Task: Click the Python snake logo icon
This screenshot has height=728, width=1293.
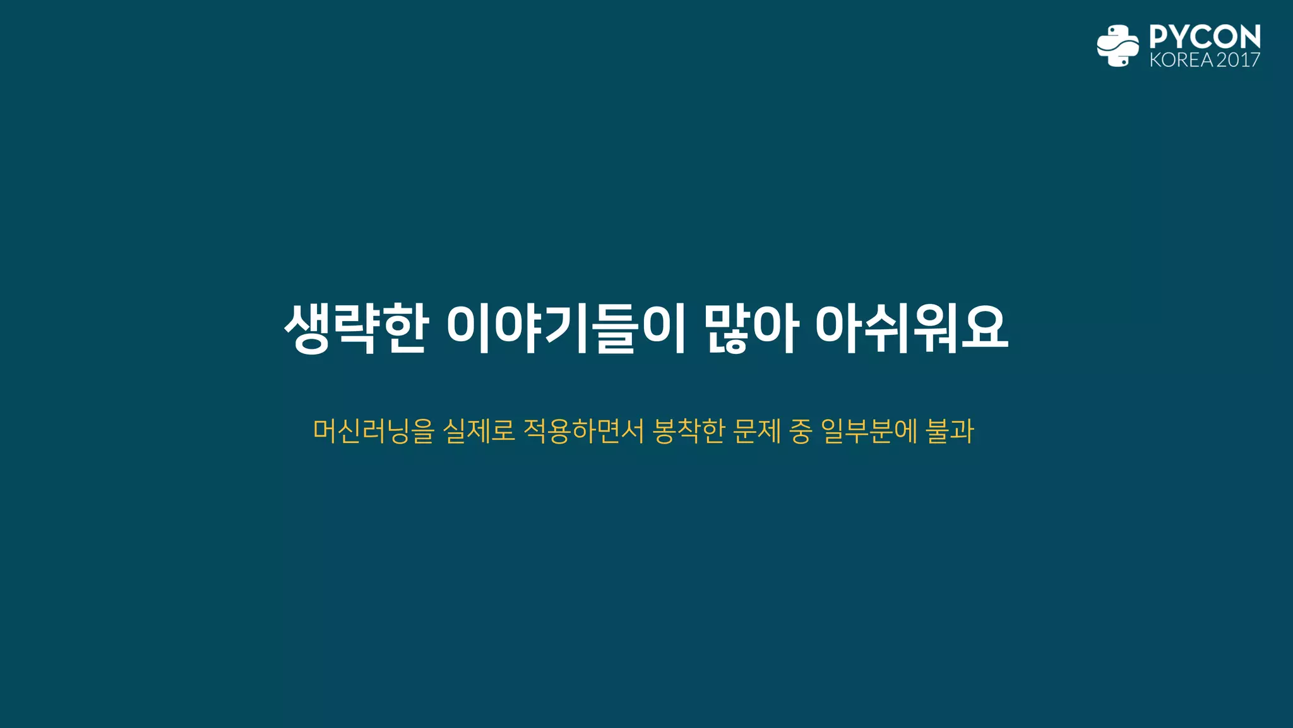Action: click(x=1117, y=45)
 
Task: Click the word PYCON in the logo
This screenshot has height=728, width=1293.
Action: click(x=1205, y=37)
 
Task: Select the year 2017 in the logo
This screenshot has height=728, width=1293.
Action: click(x=1238, y=60)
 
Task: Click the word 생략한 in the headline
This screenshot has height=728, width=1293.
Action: click(x=357, y=329)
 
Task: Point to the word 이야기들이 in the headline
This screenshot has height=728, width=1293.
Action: click(x=566, y=329)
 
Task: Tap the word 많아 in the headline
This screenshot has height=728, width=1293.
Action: click(x=751, y=329)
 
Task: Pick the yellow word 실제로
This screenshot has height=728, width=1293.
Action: click(x=479, y=431)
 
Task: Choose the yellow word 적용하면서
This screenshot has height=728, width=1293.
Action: click(x=583, y=431)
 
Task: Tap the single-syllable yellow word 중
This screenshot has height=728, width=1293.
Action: click(x=801, y=431)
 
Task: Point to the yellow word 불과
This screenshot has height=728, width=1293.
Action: click(x=950, y=431)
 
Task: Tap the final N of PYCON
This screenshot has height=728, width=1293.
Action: click(x=1249, y=37)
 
